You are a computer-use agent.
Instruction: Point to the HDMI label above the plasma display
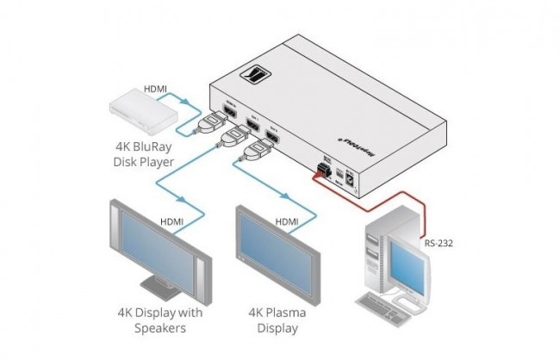point(287,221)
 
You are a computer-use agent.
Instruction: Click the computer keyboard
point(398,307)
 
